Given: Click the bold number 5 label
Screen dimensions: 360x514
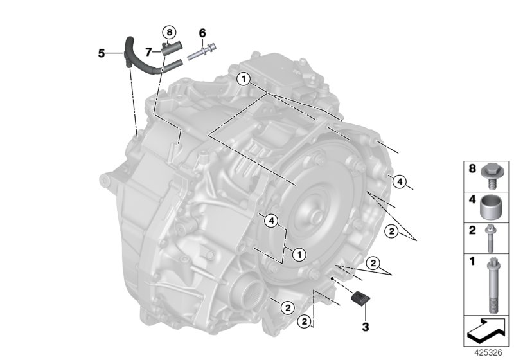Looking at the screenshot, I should click(x=102, y=53).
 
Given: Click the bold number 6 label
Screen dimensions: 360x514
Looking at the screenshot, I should click(x=202, y=33).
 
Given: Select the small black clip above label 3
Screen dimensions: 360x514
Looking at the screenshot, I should click(x=360, y=296).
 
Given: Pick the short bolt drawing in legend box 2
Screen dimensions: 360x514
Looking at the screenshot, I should click(x=493, y=237).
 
